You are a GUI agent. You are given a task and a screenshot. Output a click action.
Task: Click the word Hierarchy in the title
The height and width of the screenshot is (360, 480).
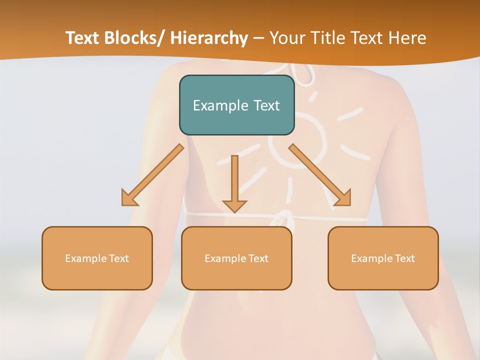[x=209, y=38]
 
